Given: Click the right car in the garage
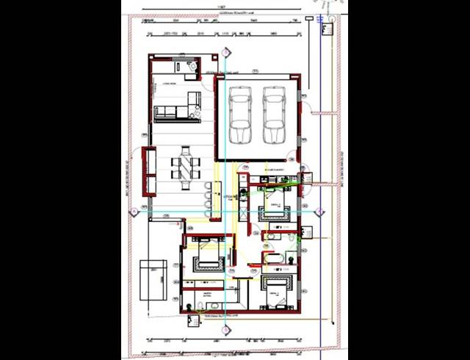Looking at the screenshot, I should pyautogui.click(x=274, y=116).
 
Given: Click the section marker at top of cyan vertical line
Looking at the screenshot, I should pyautogui.click(x=225, y=52).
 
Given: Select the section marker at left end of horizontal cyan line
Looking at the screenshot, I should pyautogui.click(x=134, y=212).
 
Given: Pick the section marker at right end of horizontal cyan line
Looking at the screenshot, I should pyautogui.click(x=319, y=212).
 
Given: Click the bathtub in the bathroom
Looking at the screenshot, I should pyautogui.click(x=273, y=258).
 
